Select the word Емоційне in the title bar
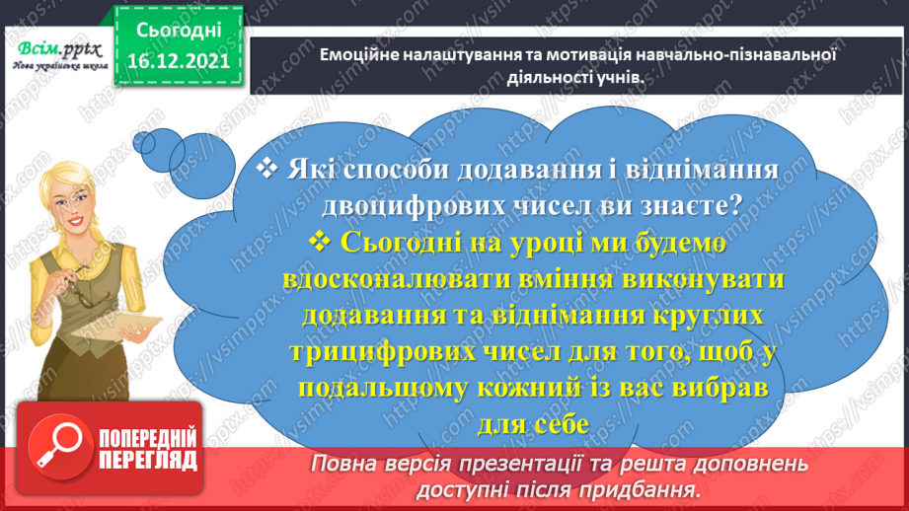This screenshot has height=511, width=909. [x=362, y=55]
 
